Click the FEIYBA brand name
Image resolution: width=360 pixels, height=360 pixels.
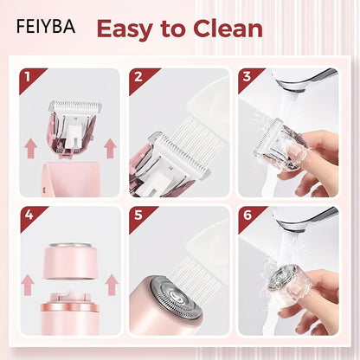pos(46,26)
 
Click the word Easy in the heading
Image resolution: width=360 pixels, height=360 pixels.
pos(125,29)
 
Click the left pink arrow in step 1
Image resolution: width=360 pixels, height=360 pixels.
pos(30,148)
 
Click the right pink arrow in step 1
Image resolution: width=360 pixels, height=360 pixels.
pos(110,148)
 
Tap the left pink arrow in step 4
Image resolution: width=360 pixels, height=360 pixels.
pos(28,285)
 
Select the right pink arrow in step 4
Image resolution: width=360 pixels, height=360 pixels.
pos(112,285)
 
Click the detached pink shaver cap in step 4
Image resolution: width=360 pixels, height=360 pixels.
pos(69,261)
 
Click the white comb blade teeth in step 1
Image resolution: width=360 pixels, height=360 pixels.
pos(75,106)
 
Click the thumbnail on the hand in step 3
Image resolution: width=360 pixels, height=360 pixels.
pos(297,150)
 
